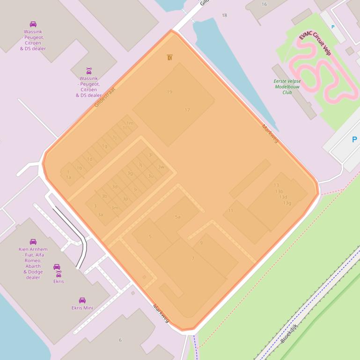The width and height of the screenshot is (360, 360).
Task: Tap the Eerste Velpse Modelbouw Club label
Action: (x=287, y=86)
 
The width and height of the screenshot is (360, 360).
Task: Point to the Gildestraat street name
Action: (x=104, y=97)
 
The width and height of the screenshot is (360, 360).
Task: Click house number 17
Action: (x=187, y=110)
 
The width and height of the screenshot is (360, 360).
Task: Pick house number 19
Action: (x=169, y=92)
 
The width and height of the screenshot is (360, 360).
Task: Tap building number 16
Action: (x=264, y=4)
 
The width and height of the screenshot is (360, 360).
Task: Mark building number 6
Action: (x=120, y=340)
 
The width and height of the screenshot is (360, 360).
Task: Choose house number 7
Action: (x=193, y=259)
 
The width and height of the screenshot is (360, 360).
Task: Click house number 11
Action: (x=231, y=211)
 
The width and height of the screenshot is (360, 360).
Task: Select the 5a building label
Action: (x=177, y=217)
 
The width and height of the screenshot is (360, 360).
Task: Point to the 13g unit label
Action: (x=287, y=203)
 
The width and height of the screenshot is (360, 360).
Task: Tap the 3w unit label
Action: (x=161, y=167)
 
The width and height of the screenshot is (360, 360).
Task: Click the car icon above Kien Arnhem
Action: (x=33, y=242)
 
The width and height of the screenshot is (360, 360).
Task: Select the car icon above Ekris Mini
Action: (x=82, y=300)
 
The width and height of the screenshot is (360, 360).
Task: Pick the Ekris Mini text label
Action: (x=82, y=308)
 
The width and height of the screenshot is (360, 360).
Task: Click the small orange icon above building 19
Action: (x=169, y=58)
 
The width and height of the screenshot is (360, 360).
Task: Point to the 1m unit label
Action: (x=130, y=123)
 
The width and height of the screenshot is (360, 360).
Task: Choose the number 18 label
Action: (x=224, y=15)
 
